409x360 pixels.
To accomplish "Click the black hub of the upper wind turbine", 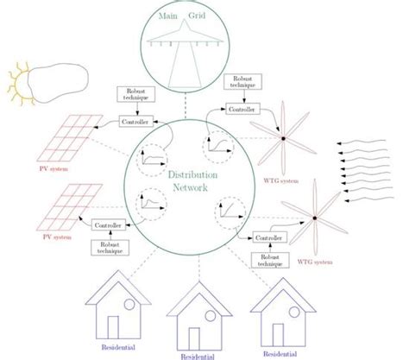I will (x=283, y=136).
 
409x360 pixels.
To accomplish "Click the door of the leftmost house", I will (x=112, y=329).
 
